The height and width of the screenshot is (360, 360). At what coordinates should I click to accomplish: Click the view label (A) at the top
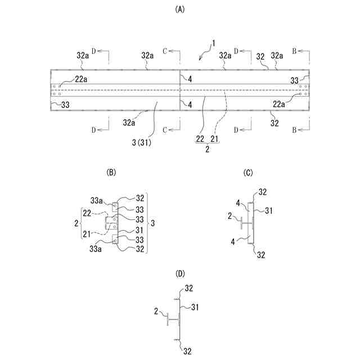(180, 9)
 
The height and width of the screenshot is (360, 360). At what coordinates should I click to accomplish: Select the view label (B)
(111, 173)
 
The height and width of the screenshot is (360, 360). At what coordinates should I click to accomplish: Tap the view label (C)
(248, 173)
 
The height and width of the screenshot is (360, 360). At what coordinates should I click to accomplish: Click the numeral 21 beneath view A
(215, 139)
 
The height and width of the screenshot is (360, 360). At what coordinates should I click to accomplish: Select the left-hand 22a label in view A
(81, 79)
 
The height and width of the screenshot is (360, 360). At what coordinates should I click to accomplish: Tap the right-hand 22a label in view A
(280, 103)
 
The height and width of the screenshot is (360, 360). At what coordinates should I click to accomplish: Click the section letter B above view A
(294, 51)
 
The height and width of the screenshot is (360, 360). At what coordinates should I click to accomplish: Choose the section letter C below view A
(165, 130)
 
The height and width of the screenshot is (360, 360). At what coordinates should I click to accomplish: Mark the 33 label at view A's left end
(65, 105)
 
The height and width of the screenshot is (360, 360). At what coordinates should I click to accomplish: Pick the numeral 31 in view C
(269, 211)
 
